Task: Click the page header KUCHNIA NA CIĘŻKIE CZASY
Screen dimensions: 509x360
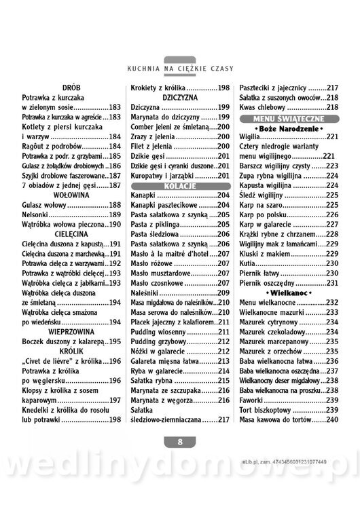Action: pyautogui.click(x=180, y=69)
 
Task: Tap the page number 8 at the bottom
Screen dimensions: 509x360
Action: pyautogui.click(x=180, y=442)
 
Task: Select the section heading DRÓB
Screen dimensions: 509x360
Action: pyautogui.click(x=71, y=88)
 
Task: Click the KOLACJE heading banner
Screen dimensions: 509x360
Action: pyautogui.click(x=180, y=185)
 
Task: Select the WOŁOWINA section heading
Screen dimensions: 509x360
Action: pyautogui.click(x=71, y=194)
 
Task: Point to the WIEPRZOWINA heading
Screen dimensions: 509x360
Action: pyautogui.click(x=71, y=331)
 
